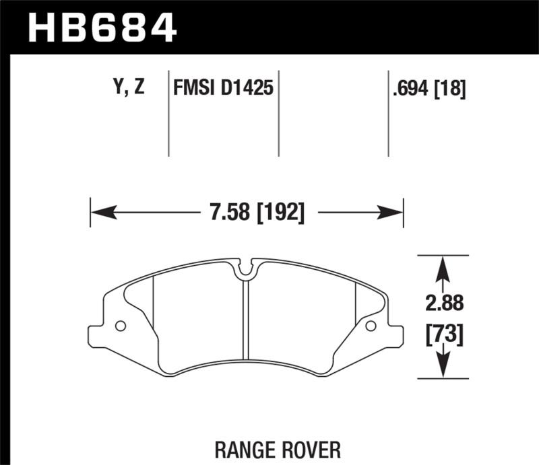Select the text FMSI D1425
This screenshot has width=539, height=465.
point(223,88)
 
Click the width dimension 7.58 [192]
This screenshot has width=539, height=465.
point(247,213)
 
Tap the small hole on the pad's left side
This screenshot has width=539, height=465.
point(121,326)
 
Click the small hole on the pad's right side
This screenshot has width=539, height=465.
point(370,326)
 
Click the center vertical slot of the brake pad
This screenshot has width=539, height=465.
point(247,316)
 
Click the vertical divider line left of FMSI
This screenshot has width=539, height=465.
point(168,114)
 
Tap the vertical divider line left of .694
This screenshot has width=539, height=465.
point(388,114)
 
